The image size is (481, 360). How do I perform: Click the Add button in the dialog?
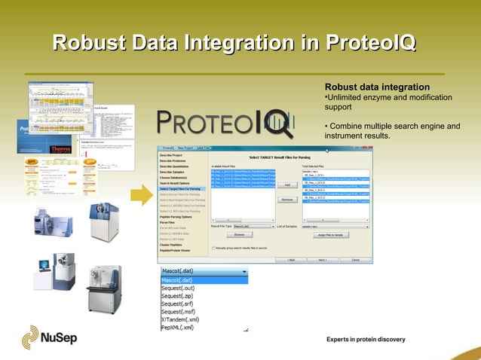tap(287, 185)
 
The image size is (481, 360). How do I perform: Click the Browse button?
tap(239, 235)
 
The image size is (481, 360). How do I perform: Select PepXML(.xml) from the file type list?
tap(178, 328)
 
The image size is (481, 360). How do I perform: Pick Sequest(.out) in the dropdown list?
tap(178, 288)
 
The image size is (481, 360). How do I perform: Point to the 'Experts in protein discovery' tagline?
tap(366, 340)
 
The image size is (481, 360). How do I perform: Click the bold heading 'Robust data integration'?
tap(377, 87)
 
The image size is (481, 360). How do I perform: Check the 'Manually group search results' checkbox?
tap(214, 247)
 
